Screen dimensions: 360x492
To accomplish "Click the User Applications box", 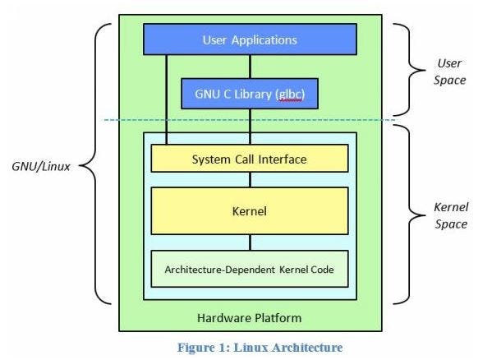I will click(250, 39).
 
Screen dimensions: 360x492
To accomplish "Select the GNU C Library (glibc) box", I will click(250, 93).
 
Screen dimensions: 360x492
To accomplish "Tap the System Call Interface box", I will click(250, 159).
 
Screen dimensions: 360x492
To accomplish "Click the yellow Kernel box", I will click(250, 211).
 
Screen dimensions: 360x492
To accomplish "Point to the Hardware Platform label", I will click(250, 317).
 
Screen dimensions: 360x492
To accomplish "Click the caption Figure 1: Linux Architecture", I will click(251, 347).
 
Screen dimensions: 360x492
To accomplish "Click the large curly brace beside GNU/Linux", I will click(97, 164).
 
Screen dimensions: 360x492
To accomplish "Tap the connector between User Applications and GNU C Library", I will click(250, 66).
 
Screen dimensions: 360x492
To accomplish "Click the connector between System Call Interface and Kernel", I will click(250, 179).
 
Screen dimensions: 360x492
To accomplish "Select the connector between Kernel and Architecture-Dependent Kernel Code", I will click(250, 242).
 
